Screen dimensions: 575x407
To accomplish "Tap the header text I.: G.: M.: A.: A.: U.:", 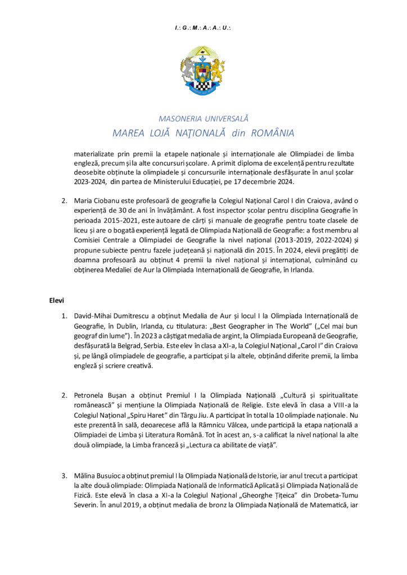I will pos(203,27).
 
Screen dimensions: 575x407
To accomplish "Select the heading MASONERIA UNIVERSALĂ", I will pos(203,119).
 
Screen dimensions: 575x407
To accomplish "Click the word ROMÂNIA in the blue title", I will pos(268,133).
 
